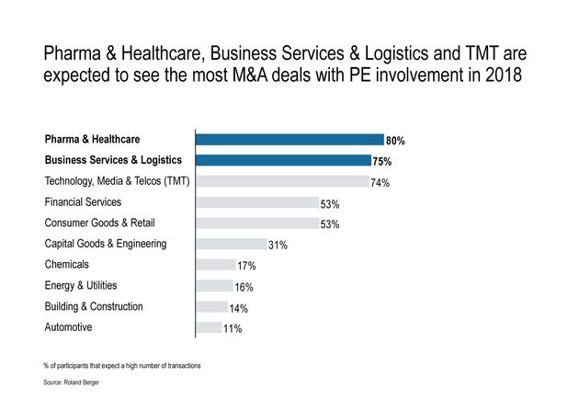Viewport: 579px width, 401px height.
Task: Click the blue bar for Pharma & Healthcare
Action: point(289,140)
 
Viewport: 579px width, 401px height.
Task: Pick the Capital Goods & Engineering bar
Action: point(230,244)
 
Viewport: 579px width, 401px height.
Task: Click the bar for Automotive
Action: point(209,327)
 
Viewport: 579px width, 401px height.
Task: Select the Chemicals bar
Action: point(215,265)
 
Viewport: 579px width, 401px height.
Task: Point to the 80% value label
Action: point(396,141)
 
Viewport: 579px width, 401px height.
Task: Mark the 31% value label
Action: point(278,246)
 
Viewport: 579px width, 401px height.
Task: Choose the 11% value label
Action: point(232,328)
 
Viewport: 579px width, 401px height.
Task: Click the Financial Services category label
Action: point(84,201)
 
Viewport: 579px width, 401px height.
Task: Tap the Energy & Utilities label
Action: point(81,285)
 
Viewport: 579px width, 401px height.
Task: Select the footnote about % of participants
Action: point(122,365)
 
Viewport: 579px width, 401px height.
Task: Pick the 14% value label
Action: point(239,308)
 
